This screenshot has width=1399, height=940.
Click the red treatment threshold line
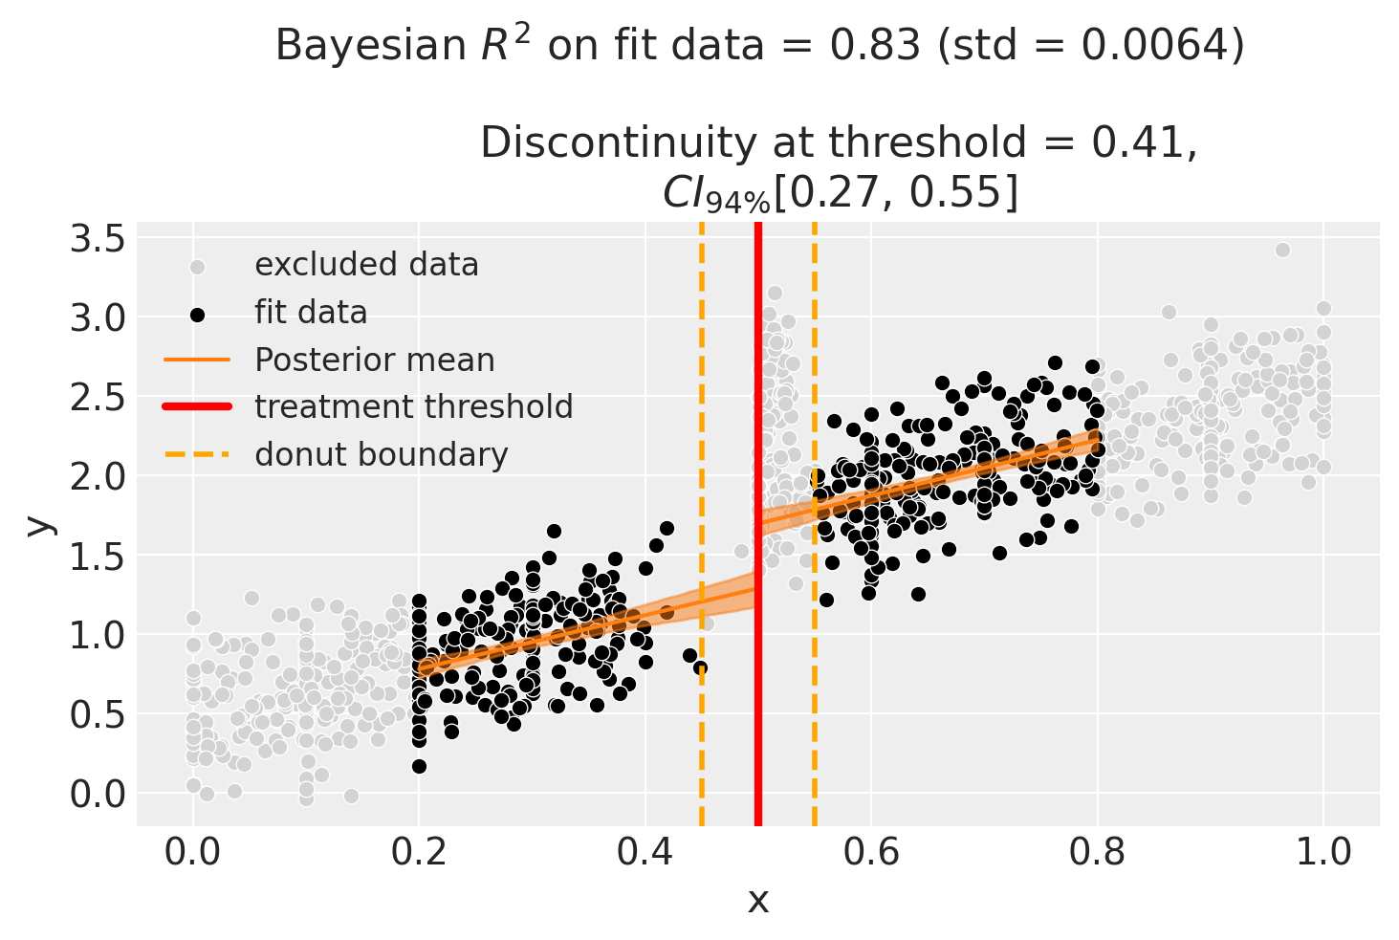coord(758,669)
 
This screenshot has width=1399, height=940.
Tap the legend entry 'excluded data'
coord(366,265)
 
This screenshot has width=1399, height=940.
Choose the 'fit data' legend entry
coord(311,313)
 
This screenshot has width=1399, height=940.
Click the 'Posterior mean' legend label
coord(374,361)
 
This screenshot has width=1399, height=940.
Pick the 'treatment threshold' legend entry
coord(413,407)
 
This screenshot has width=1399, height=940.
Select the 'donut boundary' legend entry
coord(381,454)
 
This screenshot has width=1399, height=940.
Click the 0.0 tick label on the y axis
coord(98,794)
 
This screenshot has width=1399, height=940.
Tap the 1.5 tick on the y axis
coord(98,556)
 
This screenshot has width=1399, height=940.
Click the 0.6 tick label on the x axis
coord(871,852)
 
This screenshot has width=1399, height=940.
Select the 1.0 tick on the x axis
coord(1323,852)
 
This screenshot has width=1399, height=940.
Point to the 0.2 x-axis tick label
coord(419,852)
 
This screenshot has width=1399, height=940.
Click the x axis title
coord(758,900)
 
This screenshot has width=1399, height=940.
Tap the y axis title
coord(39,524)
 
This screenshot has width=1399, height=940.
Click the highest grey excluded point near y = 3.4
coord(1282,251)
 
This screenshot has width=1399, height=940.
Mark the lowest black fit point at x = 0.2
coord(419,766)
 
